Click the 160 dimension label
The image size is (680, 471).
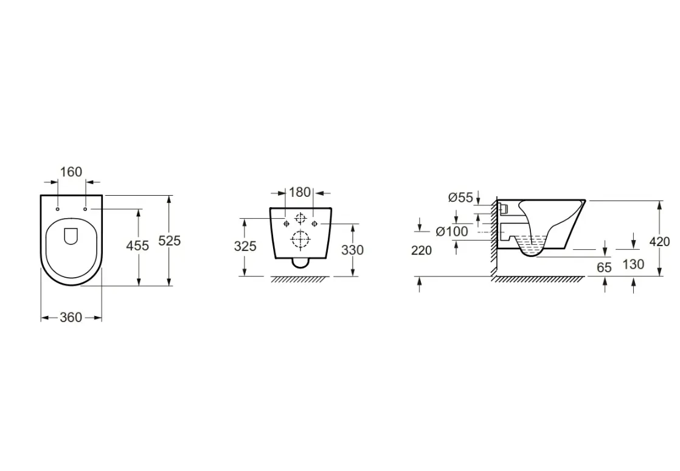pos(71,172)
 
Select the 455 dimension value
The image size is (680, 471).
pos(137,246)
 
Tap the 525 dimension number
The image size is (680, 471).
pos(169,241)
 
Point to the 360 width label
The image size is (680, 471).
pos(71,318)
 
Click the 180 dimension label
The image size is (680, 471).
pos(300,192)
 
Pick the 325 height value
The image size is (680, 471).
pos(245,246)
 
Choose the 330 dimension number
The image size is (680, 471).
pos(353,250)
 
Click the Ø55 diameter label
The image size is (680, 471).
pos(460,198)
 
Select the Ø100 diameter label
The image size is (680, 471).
pos(452,232)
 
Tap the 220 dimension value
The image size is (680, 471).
pos(422,250)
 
